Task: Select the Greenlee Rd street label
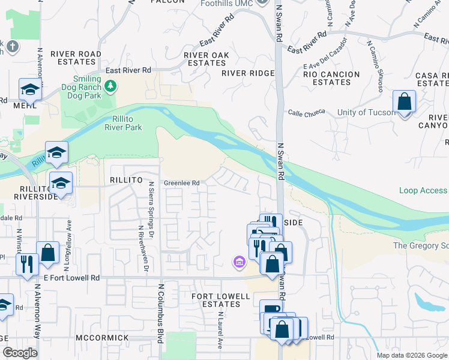[x=181, y=183]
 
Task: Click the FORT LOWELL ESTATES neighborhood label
[x=220, y=300]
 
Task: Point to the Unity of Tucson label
[x=366, y=112]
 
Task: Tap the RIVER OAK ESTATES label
[x=206, y=59]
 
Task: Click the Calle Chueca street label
[x=306, y=112]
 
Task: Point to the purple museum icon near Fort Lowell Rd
[x=239, y=262]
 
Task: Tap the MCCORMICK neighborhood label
[x=102, y=338]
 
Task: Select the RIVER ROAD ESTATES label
[x=76, y=58]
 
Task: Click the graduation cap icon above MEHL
[x=29, y=90]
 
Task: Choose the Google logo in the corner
[x=20, y=353]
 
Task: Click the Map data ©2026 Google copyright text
[x=411, y=355]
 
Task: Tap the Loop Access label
[x=423, y=190]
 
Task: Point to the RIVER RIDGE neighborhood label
[x=247, y=73]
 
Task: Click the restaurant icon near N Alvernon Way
[x=27, y=264]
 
